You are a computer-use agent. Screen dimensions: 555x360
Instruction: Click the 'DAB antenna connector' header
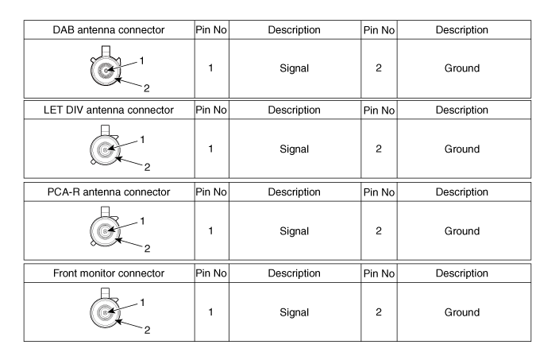109,29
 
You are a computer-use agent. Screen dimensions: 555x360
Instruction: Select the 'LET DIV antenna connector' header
109,110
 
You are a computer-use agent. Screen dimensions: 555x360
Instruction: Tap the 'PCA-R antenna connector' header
109,192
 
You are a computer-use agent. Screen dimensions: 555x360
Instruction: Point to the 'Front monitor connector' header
109,273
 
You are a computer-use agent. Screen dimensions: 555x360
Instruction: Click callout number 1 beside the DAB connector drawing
142,61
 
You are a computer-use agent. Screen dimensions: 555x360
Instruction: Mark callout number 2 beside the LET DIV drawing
147,167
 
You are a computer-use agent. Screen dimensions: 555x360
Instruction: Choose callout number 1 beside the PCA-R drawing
142,221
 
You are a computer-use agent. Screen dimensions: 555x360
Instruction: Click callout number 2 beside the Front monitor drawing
147,330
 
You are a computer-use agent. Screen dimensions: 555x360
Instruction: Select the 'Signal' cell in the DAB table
294,68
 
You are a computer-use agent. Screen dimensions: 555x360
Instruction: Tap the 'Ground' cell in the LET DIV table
462,149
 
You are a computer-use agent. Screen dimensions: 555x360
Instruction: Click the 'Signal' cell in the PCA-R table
294,231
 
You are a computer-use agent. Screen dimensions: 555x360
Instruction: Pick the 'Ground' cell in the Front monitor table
462,312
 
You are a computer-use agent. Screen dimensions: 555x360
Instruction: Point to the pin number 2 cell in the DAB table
379,68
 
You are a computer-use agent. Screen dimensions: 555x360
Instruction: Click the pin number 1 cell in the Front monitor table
210,312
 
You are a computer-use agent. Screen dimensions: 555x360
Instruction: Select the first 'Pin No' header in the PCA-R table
211,192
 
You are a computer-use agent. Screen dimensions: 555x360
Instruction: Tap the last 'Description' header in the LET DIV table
462,110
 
